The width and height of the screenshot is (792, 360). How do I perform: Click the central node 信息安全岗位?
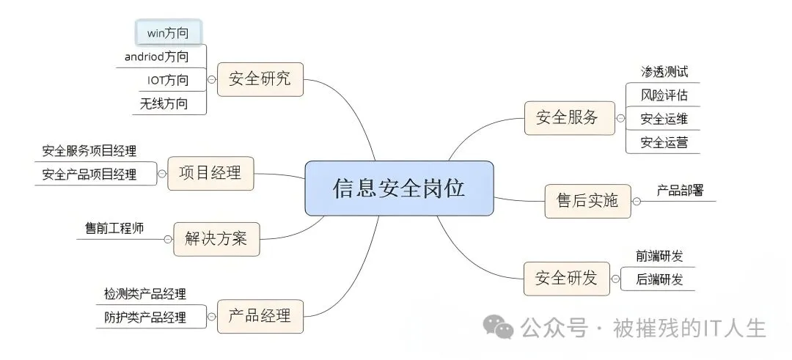click(399, 188)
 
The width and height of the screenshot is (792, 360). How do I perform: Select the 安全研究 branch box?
click(260, 79)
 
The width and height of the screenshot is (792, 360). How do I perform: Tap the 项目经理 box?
click(210, 174)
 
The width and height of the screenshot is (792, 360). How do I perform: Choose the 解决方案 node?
click(216, 239)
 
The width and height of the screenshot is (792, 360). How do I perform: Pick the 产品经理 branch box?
click(260, 316)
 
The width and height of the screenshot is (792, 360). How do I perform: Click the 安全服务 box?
click(568, 117)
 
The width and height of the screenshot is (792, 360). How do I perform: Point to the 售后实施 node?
click(587, 200)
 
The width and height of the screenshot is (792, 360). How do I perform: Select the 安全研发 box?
click(566, 278)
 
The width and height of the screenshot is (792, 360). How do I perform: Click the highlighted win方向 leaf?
click(168, 32)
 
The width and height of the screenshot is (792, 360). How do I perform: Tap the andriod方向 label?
click(157, 56)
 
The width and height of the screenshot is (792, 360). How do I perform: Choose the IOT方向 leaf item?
click(164, 80)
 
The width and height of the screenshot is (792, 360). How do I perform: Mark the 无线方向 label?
click(164, 103)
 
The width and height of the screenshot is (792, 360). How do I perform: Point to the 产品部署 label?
click(680, 191)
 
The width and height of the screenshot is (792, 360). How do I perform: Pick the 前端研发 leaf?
click(659, 256)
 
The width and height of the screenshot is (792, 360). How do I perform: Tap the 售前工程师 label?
click(114, 228)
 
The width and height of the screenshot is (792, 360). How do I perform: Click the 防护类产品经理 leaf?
click(145, 317)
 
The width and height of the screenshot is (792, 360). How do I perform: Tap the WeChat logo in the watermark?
click(502, 327)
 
